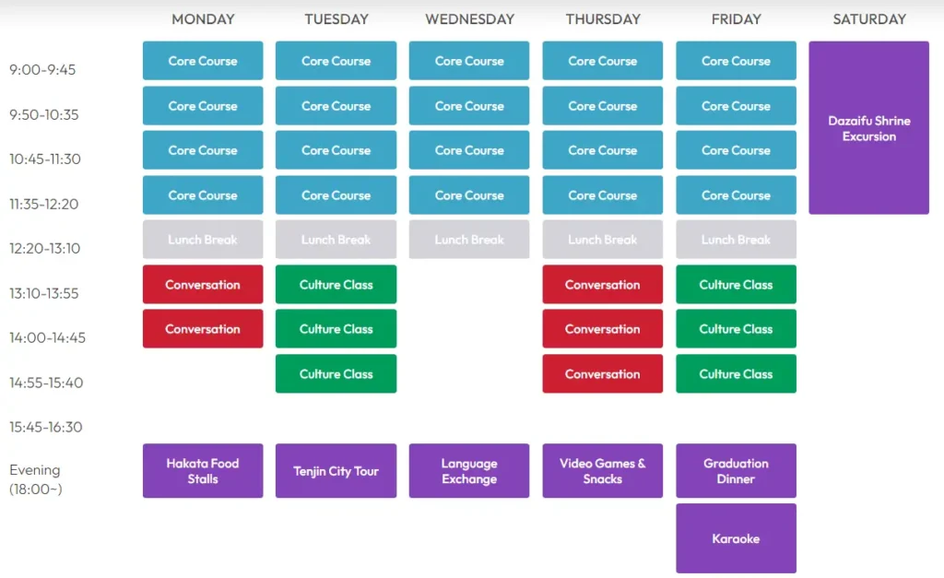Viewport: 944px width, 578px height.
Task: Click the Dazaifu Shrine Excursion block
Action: tap(868, 127)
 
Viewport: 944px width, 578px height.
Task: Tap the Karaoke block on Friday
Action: tap(736, 538)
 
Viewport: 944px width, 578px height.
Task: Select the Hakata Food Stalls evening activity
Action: tap(203, 471)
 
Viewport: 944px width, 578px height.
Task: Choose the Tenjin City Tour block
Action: tap(336, 471)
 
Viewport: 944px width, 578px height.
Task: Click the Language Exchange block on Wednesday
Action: tap(469, 471)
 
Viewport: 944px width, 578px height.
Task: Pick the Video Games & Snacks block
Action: tap(603, 471)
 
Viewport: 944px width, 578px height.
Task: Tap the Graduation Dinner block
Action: tap(736, 471)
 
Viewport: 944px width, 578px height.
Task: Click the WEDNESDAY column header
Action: tap(469, 19)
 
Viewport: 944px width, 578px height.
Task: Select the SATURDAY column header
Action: tap(869, 19)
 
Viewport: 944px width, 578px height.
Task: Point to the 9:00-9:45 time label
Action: tap(42, 70)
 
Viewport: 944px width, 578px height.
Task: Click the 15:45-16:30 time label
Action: tap(46, 427)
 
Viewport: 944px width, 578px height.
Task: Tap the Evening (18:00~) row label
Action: tap(36, 479)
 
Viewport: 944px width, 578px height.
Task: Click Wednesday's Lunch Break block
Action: tap(469, 240)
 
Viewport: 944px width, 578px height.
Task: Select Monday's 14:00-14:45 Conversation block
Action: tap(203, 329)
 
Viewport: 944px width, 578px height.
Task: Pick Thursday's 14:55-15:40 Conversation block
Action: tap(603, 374)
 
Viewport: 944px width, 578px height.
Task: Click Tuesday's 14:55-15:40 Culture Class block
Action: tap(336, 374)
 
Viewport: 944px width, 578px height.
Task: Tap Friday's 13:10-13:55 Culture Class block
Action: tap(736, 284)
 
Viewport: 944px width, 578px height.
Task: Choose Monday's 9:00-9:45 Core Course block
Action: tap(203, 61)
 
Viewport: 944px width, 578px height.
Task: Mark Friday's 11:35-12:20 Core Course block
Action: tap(736, 195)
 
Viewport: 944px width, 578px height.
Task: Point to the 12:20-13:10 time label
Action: tap(44, 248)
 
